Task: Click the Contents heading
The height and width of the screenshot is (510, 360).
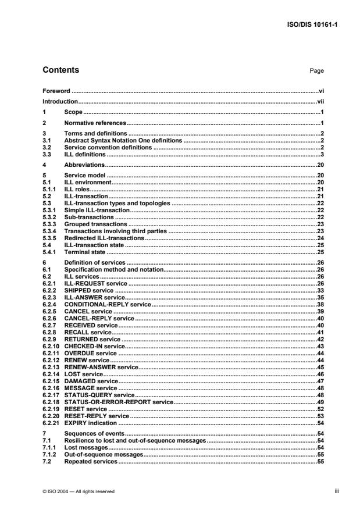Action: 61,70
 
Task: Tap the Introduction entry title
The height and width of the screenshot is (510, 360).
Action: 60,101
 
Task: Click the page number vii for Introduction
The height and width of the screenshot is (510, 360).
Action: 320,101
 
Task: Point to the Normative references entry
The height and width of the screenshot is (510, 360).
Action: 95,123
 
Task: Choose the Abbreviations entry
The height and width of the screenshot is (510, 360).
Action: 85,165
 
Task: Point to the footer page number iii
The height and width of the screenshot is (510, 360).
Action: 321,491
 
